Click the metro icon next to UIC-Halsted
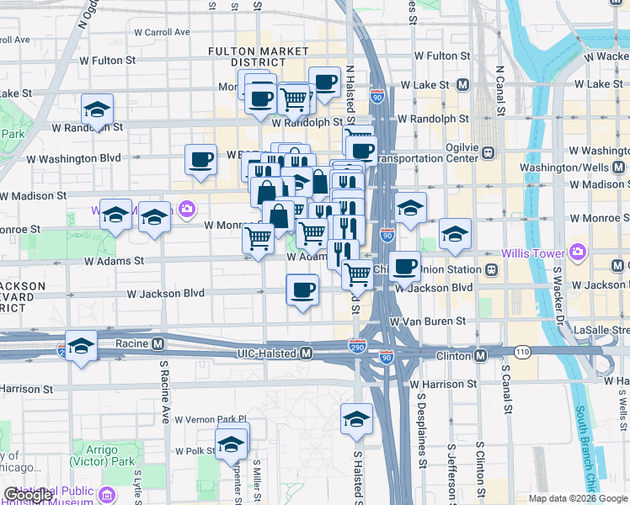tap(307, 353)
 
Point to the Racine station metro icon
tap(157, 343)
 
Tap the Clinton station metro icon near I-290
tap(480, 356)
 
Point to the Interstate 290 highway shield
tap(357, 344)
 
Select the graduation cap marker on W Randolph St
tap(97, 111)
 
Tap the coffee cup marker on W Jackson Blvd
tap(303, 291)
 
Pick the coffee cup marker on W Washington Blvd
tap(200, 160)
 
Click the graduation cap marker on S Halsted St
tap(356, 419)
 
